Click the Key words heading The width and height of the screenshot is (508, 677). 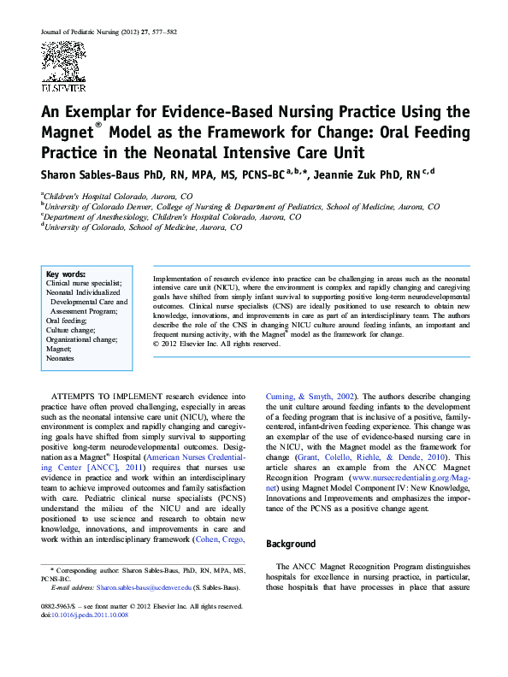tap(65, 273)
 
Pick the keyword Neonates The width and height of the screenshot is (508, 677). tap(60, 358)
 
